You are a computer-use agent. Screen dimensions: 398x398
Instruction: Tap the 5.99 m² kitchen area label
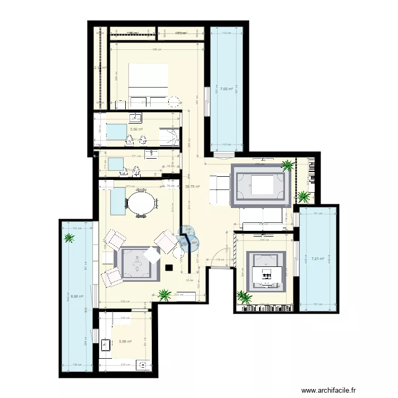pyautogui.click(x=125, y=342)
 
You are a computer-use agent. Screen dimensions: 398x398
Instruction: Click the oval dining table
pyautogui.click(x=141, y=203)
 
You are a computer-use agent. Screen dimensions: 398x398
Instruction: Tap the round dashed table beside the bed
pyautogui.click(x=174, y=102)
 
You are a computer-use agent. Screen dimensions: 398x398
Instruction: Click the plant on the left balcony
pyautogui.click(x=69, y=238)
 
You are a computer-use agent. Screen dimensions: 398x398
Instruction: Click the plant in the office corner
pyautogui.click(x=244, y=297)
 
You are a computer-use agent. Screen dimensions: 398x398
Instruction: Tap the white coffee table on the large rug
pyautogui.click(x=261, y=185)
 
